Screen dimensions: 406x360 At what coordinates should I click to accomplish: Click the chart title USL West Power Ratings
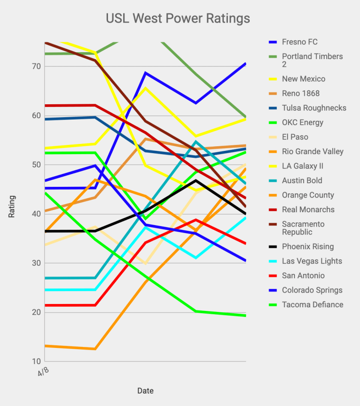coord(178,18)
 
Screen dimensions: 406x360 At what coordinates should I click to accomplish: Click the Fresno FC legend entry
coord(300,42)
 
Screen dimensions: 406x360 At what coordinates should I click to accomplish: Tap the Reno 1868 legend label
coord(301,94)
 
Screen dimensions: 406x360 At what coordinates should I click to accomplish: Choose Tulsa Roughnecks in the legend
coord(314,108)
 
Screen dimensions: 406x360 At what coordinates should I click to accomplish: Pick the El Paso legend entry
coord(295,137)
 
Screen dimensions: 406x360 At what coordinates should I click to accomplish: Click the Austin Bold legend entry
coord(302,180)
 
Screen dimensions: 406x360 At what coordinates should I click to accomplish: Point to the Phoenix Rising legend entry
coord(308,246)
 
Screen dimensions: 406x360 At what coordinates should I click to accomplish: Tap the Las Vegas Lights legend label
coord(312,261)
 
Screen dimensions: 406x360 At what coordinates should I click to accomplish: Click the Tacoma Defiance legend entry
coord(312,304)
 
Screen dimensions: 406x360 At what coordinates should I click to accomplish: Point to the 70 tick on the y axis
coord(36,66)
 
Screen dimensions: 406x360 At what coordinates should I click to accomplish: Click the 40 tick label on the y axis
coord(36,214)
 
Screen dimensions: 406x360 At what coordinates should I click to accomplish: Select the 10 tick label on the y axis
coord(36,361)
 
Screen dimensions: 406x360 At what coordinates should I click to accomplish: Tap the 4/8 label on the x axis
coord(43,371)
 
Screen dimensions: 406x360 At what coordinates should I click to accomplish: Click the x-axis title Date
coord(145,391)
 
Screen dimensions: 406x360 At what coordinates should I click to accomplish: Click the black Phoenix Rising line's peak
coord(196,180)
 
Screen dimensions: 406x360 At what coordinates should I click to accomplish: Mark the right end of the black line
coord(246,214)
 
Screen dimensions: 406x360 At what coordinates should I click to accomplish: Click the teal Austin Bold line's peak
coord(196,141)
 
